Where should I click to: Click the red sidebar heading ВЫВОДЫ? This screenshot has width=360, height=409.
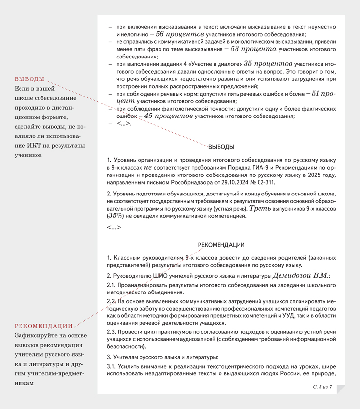29,79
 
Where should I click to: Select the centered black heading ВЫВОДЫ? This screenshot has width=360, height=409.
221,147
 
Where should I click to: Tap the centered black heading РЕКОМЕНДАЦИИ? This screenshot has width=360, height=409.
221,245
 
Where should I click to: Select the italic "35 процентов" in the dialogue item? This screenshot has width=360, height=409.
268,64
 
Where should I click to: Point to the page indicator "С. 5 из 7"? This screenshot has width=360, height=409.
322,387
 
